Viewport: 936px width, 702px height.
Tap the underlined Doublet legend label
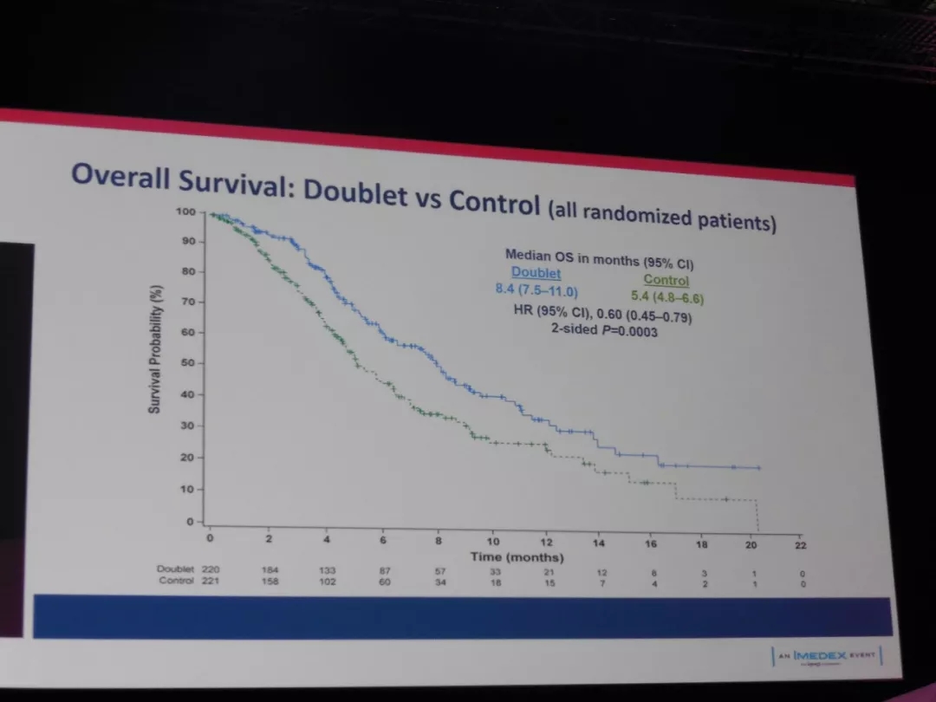536,272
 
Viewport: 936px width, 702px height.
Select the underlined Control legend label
666,280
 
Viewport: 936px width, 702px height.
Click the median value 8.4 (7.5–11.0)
536,289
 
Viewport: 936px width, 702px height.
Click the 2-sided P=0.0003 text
604,330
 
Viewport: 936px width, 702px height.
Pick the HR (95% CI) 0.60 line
601,314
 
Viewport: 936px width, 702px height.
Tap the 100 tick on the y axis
186,211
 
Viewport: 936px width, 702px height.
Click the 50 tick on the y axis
187,363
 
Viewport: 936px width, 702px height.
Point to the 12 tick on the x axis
547,543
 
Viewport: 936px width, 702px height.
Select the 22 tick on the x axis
801,545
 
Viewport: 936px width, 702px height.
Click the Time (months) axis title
517,556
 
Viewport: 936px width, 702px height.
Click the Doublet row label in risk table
175,569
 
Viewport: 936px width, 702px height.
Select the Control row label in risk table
176,581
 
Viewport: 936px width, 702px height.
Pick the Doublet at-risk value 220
211,569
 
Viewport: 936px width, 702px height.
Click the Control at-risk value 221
211,581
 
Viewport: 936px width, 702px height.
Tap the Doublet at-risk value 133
327,570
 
